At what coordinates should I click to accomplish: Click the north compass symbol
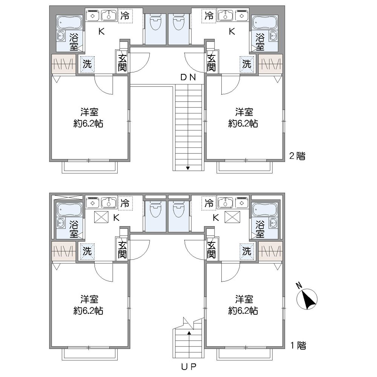point(307,298)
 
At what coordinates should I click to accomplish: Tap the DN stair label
point(188,77)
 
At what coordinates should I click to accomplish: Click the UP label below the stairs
point(189,366)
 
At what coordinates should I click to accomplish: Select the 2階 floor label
point(297,156)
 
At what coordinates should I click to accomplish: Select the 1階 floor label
point(298,345)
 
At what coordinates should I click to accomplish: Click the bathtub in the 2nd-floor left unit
point(70,22)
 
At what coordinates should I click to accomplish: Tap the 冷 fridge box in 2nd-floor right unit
point(209,16)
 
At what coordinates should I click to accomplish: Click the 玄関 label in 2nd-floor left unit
point(122,63)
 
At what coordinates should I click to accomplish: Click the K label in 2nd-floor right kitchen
point(232,32)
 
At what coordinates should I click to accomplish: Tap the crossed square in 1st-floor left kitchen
point(101,217)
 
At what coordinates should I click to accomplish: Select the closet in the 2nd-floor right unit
point(270,64)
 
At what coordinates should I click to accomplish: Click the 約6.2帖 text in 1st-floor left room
point(88,311)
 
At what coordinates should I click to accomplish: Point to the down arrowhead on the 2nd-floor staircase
point(188,168)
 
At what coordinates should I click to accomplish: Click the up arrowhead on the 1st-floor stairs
point(189,333)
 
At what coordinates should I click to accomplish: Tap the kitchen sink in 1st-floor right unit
point(225,202)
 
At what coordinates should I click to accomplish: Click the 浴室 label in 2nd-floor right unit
point(260,42)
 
